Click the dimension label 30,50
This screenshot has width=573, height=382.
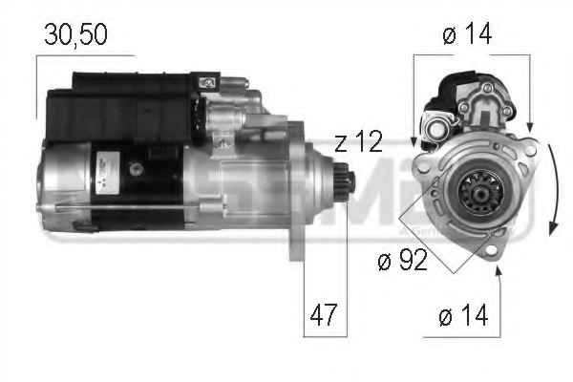pyautogui.click(x=75, y=34)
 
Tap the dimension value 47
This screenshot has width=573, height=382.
pyautogui.click(x=324, y=315)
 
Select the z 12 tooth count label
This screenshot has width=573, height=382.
pyautogui.click(x=358, y=142)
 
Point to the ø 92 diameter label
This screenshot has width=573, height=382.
pyautogui.click(x=402, y=260)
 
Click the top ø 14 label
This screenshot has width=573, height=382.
pyautogui.click(x=467, y=33)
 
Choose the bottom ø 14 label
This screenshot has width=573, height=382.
pyautogui.click(x=463, y=315)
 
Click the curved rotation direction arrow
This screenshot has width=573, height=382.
pyautogui.click(x=554, y=190)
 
